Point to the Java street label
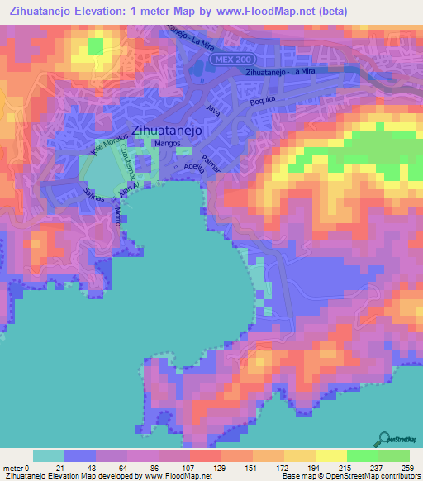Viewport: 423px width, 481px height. click(215, 109)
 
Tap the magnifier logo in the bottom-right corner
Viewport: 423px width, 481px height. click(384, 440)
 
